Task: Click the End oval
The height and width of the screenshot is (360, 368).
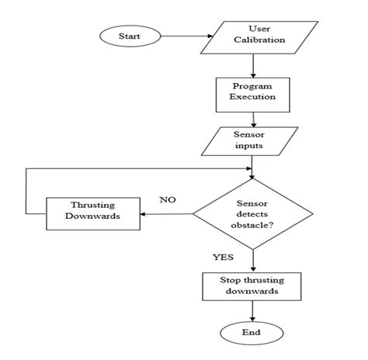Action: (251, 333)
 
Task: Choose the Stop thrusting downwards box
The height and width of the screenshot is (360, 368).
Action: (251, 286)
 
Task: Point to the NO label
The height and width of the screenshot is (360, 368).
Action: (168, 199)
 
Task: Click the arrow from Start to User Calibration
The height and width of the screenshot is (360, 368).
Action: (186, 36)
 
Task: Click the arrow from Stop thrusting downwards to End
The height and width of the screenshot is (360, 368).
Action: (251, 311)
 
